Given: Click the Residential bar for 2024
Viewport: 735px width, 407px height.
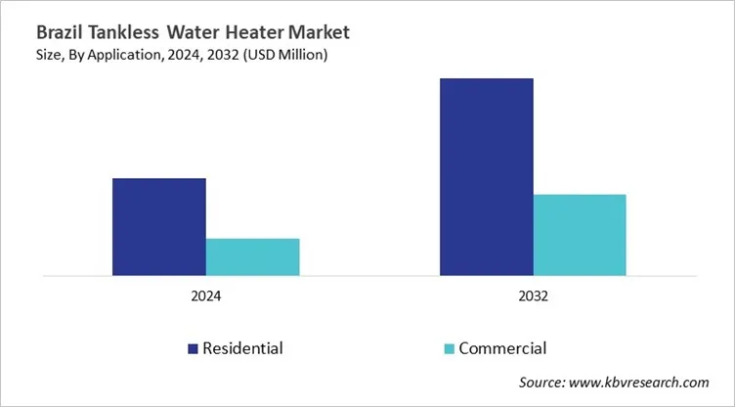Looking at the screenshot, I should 158,227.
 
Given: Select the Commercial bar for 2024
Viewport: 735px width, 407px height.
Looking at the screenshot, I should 252,256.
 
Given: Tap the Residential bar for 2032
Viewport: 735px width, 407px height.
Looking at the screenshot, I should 486,177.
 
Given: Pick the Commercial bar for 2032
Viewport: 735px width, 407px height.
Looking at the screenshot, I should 580,235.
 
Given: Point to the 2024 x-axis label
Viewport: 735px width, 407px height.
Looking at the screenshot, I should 205,296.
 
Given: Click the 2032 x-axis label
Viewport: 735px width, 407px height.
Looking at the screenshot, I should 533,296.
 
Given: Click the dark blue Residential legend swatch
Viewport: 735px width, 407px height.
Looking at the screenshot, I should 192,348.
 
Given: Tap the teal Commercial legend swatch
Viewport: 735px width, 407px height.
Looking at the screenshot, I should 449,348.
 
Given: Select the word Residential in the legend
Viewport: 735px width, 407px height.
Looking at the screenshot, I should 242,348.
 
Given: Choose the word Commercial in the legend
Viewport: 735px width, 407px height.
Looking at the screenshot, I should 502,348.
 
